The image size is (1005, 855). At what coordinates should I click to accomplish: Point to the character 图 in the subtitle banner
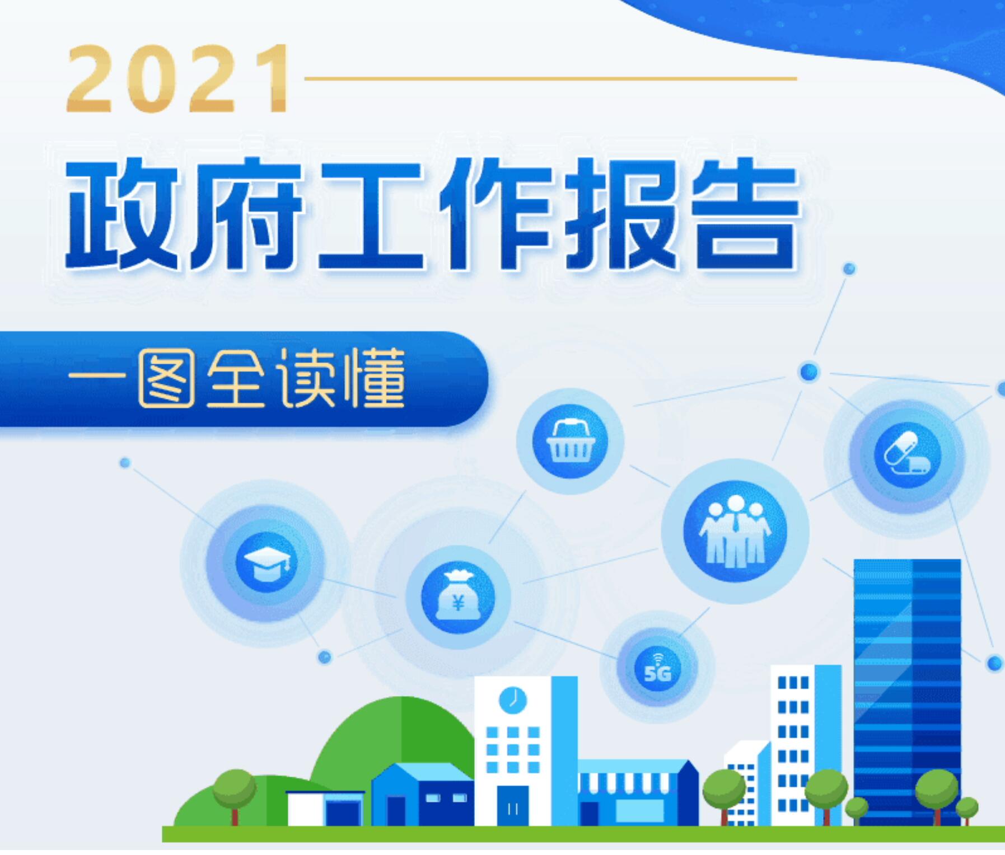tap(166, 378)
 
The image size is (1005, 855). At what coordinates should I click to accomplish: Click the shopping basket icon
tap(570, 441)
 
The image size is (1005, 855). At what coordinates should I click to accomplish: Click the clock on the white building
tap(512, 700)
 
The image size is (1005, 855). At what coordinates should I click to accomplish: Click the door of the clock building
tap(512, 806)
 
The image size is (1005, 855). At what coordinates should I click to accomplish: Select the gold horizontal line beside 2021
tap(550, 79)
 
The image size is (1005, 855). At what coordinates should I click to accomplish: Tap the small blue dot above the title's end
tap(849, 269)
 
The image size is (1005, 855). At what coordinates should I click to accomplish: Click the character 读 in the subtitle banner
tap(307, 378)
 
